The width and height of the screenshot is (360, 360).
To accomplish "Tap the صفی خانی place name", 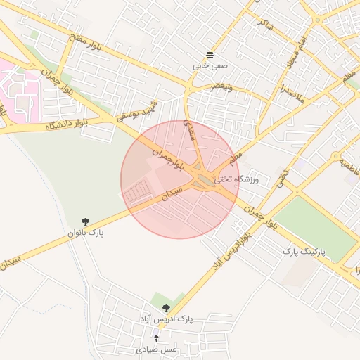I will (x=210, y=65).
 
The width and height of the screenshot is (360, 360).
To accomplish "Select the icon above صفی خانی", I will (x=210, y=55).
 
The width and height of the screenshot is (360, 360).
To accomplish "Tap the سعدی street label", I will (x=190, y=129).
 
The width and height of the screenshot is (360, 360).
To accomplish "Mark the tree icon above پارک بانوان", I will (x=86, y=221).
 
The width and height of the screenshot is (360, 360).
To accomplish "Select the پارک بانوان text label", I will (x=86, y=233).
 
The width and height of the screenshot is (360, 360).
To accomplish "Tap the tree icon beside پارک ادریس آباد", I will (x=167, y=308).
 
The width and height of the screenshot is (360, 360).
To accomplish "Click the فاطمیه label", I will (x=347, y=165).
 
